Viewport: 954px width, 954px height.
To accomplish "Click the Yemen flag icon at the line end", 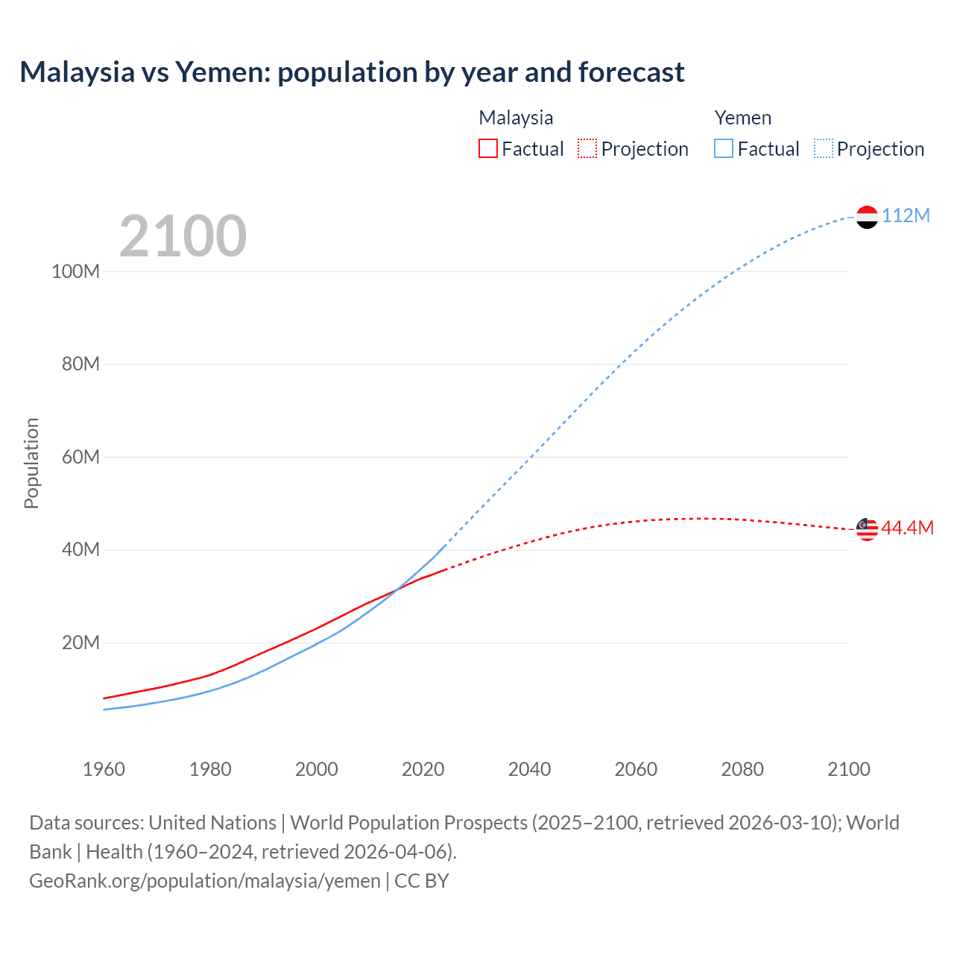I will coord(867,217).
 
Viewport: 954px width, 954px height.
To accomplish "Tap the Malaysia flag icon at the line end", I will coord(867,529).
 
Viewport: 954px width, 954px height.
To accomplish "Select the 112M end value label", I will coord(906,216).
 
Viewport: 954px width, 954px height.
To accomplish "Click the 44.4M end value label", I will coord(907,528).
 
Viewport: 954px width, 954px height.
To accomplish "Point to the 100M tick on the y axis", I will coord(75,271).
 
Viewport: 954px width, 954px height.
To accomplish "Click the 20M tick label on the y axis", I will coord(80,642).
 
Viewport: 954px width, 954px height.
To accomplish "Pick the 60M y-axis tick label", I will coord(80,457).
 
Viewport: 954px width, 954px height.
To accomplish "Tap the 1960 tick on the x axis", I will coord(104,769).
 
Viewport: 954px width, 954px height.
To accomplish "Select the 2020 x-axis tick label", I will coord(423,769).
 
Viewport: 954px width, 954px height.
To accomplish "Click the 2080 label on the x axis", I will coord(742,769).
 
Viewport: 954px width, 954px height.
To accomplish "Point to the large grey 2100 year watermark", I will coord(183,236).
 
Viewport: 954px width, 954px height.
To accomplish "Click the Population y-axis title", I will coord(31,464).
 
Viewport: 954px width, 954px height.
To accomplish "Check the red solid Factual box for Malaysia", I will coord(487,149).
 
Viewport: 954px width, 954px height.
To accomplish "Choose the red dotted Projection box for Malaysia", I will coord(587,149).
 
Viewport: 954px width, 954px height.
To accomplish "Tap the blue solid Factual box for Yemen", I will coord(724,149).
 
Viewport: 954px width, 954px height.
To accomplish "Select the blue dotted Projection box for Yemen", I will coord(824,149).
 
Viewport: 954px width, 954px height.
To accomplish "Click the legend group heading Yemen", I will coord(742,118).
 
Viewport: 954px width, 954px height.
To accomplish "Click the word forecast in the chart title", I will coord(631,72).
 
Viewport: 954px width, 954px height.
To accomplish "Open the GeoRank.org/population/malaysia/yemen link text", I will coord(205,881).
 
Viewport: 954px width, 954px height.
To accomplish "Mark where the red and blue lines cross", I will coord(396,590).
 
